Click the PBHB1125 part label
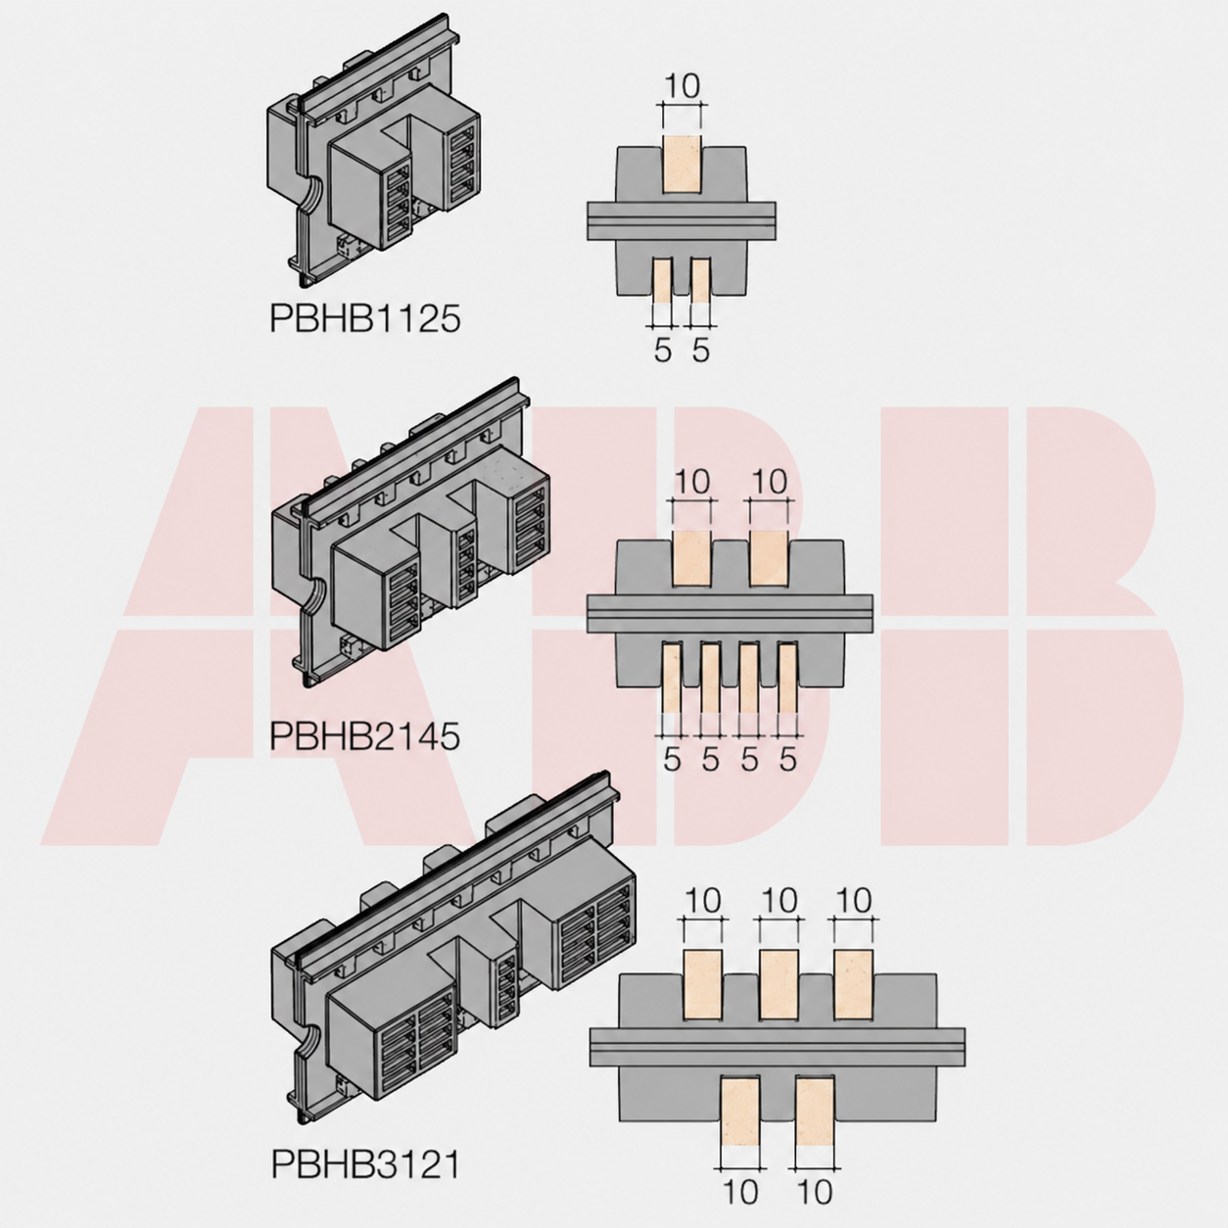point(364,317)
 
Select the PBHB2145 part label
point(364,736)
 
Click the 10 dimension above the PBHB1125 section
point(682,86)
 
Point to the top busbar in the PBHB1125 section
point(683,165)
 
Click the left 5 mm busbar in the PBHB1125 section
point(663,280)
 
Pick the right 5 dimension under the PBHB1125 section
point(701,350)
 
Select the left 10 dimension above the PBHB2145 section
point(692,483)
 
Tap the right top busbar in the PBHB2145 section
point(769,558)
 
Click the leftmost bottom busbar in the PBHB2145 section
point(672,678)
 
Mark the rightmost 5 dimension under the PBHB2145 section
point(788,760)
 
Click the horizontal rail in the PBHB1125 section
point(682,221)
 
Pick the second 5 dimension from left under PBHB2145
point(711,760)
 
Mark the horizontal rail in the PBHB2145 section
point(730,614)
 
